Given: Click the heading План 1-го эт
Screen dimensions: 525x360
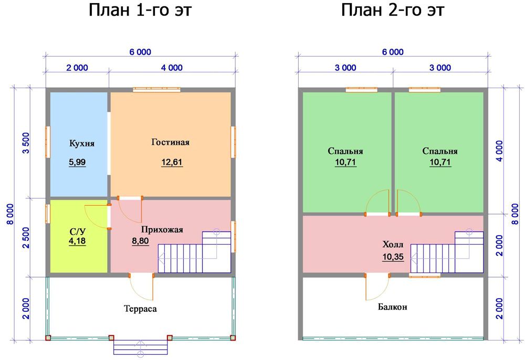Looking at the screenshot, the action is [x=140, y=10].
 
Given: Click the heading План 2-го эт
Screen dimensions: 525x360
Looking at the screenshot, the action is [x=392, y=10].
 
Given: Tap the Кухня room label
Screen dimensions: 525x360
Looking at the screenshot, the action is [x=82, y=144].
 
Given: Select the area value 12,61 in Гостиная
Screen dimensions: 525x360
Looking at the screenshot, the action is [x=172, y=162].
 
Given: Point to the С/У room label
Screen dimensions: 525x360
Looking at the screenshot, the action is [x=78, y=231].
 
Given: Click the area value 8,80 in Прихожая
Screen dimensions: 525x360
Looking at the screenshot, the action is [x=140, y=241].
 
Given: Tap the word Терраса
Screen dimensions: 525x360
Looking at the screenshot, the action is [x=140, y=309].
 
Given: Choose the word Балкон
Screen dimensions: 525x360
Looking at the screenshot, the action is [x=392, y=307].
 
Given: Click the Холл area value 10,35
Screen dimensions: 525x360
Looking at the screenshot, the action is [x=393, y=257].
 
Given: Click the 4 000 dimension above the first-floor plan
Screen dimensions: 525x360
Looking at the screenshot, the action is [x=172, y=68].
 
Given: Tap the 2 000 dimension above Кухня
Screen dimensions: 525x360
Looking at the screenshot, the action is [x=77, y=68].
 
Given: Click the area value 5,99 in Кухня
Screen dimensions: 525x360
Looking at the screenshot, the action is [x=77, y=162].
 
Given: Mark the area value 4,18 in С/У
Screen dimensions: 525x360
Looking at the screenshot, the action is [x=77, y=241].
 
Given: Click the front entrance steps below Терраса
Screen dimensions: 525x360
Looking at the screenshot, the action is [x=140, y=347].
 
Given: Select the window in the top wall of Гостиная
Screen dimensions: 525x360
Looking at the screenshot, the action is [x=156, y=89].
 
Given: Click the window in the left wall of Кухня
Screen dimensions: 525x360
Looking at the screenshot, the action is [x=48, y=142].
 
